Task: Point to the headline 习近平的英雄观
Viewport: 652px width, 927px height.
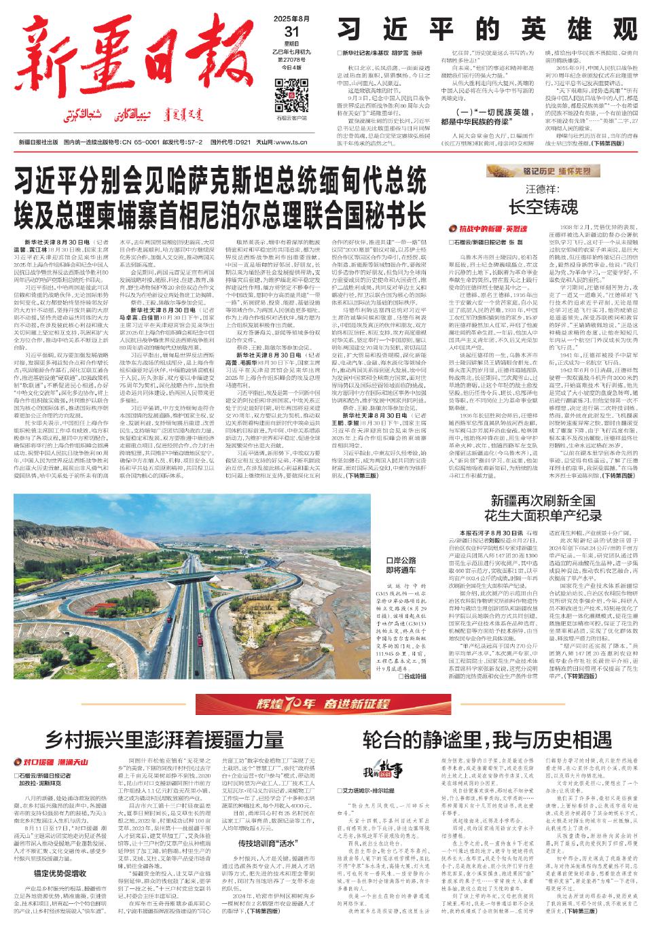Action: coord(488,29)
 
